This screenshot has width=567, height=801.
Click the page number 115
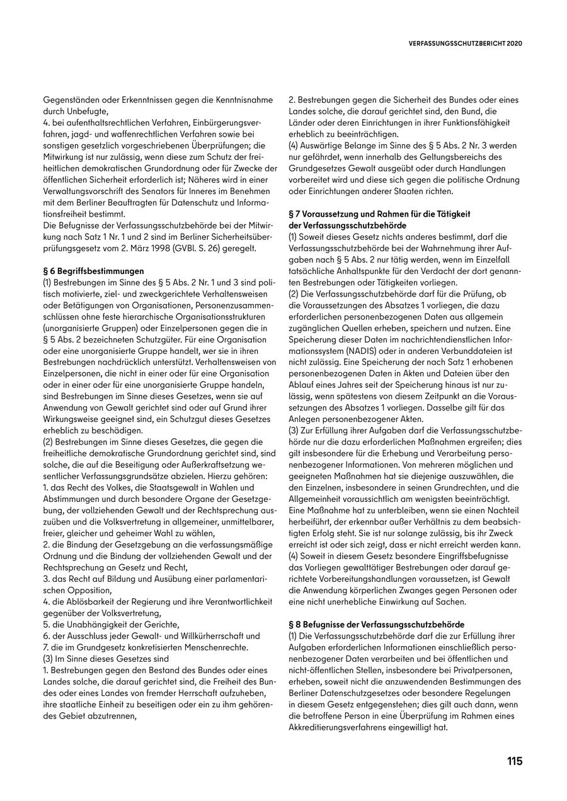click(514, 761)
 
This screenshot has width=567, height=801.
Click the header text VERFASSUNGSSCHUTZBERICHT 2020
click(466, 44)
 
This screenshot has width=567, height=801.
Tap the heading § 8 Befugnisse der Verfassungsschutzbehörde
click(376, 624)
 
